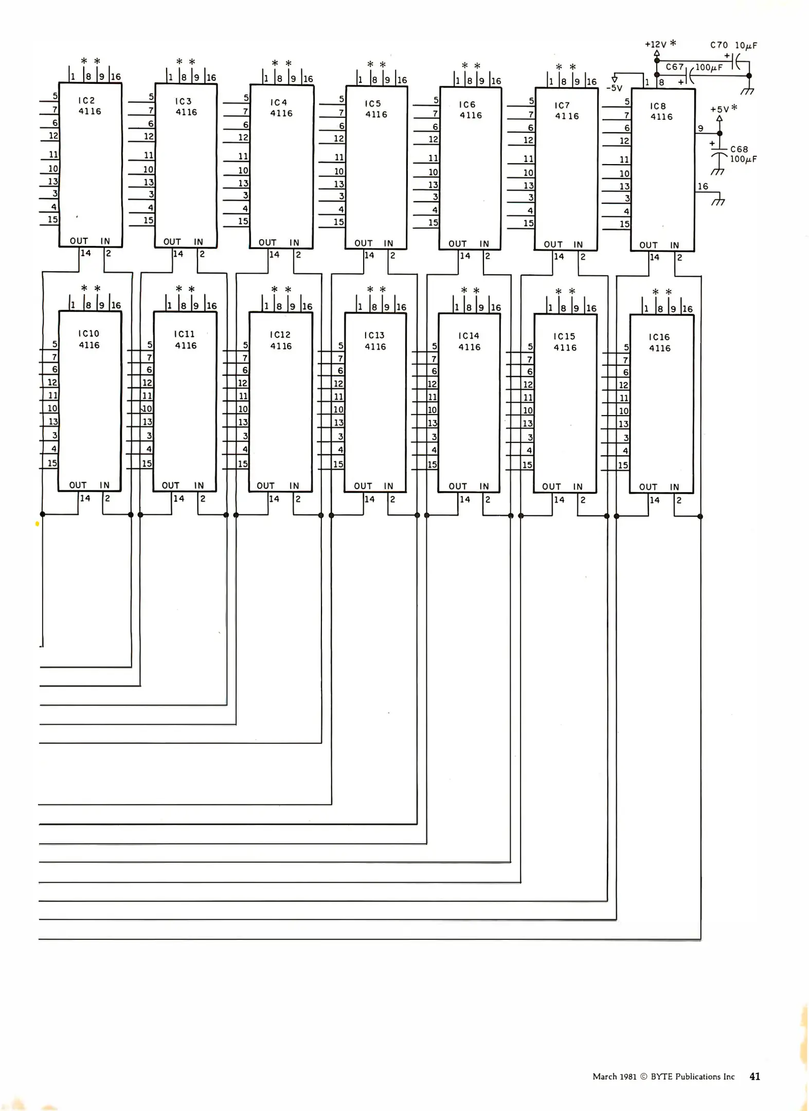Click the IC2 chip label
tap(86, 100)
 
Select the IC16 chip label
tap(659, 337)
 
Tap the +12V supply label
tap(656, 45)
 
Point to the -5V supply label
tap(615, 88)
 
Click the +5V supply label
tap(720, 110)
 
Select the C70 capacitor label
tap(719, 45)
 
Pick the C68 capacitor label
tap(739, 149)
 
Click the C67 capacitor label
tap(674, 67)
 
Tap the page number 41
tap(754, 1077)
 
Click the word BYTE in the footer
tap(662, 1077)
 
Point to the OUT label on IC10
tap(78, 485)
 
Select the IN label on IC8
tap(674, 245)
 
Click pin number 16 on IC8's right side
tap(703, 187)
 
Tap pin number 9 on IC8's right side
tap(700, 129)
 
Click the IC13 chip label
tap(374, 335)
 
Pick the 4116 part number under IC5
tap(376, 115)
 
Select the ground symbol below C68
tap(718, 171)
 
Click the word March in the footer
tap(604, 1077)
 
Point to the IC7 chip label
tap(562, 105)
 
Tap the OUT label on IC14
tap(458, 486)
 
